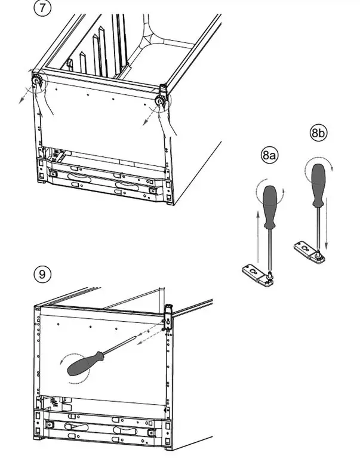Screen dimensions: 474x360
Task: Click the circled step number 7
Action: [x=42, y=10]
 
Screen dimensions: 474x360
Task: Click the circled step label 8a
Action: [x=269, y=156]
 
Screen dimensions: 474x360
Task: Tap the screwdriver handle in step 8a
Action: [x=271, y=207]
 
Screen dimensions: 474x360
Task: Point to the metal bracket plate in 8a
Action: [x=257, y=273]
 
